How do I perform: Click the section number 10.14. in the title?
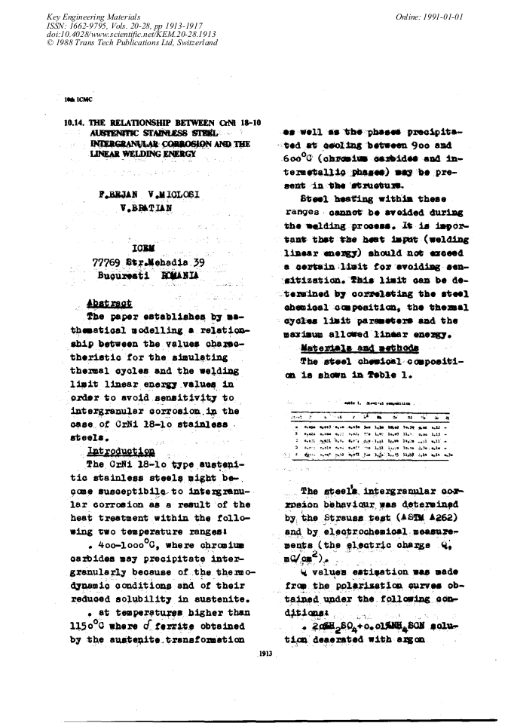(79, 122)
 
